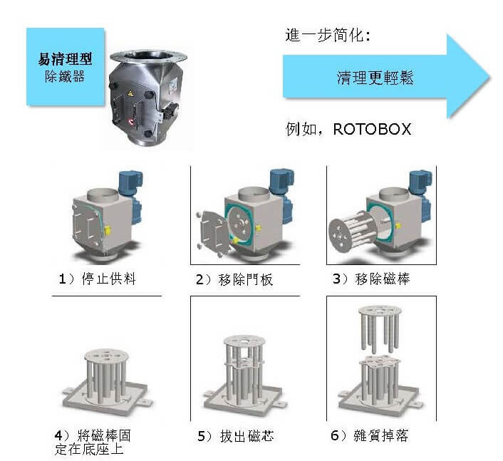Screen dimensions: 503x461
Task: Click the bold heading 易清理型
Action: point(65,59)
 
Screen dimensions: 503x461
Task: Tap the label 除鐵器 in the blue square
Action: point(65,77)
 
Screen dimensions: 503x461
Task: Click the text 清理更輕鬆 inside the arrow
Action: point(375,78)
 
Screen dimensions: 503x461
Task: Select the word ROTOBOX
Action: point(372,129)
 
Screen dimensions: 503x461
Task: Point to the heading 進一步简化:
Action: point(328,35)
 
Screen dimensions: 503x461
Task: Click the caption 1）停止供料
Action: point(98,279)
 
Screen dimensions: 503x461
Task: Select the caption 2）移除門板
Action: point(234,279)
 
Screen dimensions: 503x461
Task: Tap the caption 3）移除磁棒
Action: point(371,279)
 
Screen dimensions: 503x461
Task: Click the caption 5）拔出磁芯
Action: point(236,436)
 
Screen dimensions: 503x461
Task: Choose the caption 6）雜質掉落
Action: point(370,435)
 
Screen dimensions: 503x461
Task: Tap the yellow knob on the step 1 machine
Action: point(108,229)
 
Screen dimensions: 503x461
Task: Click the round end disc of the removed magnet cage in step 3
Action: point(342,235)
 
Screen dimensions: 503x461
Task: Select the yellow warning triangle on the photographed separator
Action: point(130,93)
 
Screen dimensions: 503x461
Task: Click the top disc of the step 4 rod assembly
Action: point(106,356)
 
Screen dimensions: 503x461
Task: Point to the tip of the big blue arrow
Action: point(490,78)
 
